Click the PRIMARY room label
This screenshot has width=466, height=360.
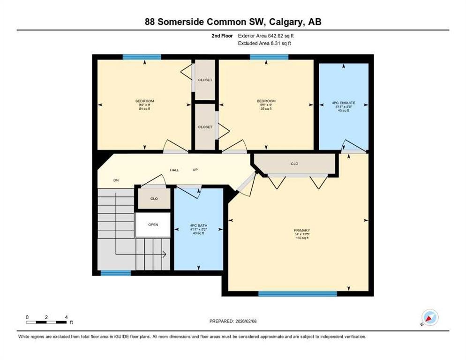(301, 230)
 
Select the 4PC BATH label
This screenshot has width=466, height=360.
(199, 226)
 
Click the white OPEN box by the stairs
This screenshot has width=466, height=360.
(153, 225)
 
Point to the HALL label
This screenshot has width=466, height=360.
(174, 170)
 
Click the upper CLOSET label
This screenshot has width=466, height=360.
(205, 80)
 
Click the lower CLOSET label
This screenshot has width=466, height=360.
(205, 127)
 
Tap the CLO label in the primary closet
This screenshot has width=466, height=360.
(294, 164)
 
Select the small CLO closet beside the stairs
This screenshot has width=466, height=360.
(154, 198)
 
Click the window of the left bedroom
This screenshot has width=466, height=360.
(142, 57)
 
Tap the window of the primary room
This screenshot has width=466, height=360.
(297, 294)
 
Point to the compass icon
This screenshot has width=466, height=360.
(429, 318)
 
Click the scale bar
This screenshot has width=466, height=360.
(46, 322)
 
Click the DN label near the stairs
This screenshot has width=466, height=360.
(116, 180)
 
